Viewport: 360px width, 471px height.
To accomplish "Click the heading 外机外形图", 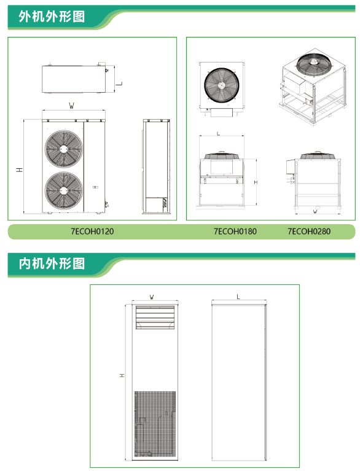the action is [52, 17].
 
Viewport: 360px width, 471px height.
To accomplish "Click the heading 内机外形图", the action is [52, 263].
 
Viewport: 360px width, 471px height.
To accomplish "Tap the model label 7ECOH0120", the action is [92, 232].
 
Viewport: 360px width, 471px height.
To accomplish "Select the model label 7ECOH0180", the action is [235, 232].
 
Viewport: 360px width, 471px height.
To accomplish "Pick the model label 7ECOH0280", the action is [309, 232].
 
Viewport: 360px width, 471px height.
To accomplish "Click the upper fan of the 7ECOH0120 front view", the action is [64, 149].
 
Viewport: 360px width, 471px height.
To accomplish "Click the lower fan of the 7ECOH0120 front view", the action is [64, 190].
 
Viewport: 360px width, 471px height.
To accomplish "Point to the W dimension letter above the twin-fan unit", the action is [71, 106].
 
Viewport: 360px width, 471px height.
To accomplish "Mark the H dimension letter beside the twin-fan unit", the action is [20, 169].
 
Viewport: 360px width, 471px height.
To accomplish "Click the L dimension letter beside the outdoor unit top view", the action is [119, 83].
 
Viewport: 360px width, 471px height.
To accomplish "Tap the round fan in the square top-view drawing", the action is [222, 85].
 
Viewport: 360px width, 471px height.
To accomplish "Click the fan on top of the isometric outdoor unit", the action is [314, 64].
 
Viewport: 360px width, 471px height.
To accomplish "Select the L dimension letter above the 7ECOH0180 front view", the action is [219, 133].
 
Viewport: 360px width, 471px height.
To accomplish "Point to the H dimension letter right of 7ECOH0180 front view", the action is [256, 182].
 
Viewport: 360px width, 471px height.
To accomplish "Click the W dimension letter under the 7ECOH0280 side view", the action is [315, 211].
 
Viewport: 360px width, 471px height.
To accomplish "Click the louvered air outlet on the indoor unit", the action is [155, 317].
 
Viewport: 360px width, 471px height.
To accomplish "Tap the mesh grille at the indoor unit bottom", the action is [155, 424].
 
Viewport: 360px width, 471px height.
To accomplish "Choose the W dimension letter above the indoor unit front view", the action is [152, 297].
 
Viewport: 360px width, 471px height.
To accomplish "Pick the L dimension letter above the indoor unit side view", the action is [238, 297].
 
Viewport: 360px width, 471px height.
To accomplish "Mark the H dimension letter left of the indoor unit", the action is [122, 375].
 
